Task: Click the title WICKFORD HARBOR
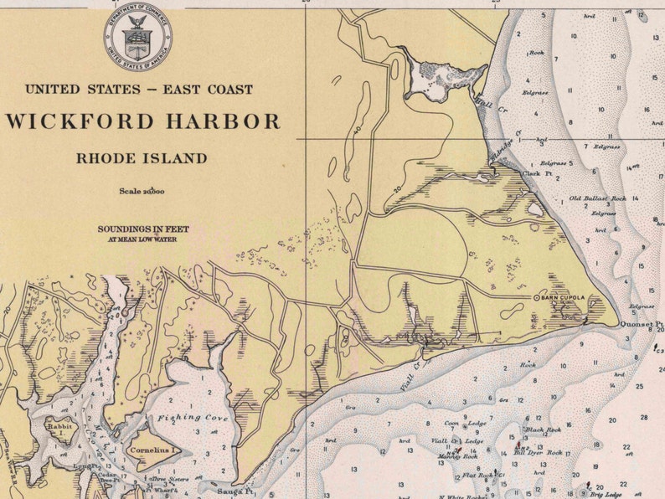[x=143, y=121]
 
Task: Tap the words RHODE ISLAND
[x=142, y=157]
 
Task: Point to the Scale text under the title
[x=142, y=192]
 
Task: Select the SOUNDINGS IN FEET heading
[x=143, y=229]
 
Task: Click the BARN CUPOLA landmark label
[x=562, y=297]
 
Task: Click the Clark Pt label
[x=533, y=173]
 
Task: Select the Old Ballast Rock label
[x=597, y=198]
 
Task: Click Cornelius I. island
[x=152, y=450]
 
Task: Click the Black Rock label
[x=542, y=430]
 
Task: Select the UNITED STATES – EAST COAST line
[x=139, y=89]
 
